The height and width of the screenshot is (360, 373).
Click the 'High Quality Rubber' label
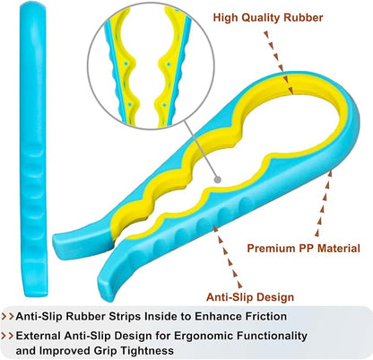coord(268,18)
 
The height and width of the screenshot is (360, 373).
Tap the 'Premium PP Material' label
coord(304,249)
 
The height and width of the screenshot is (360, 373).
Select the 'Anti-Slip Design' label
coord(250,297)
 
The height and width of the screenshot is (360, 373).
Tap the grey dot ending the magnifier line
coord(218,180)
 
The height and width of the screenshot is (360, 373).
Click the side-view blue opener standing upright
coord(33,149)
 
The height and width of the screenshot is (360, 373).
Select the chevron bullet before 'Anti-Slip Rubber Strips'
coord(8,316)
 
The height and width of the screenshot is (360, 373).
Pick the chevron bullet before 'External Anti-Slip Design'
coord(8,335)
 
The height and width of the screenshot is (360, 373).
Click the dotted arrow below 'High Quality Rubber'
coord(279,62)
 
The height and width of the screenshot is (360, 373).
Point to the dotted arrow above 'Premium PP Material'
coord(324,203)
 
